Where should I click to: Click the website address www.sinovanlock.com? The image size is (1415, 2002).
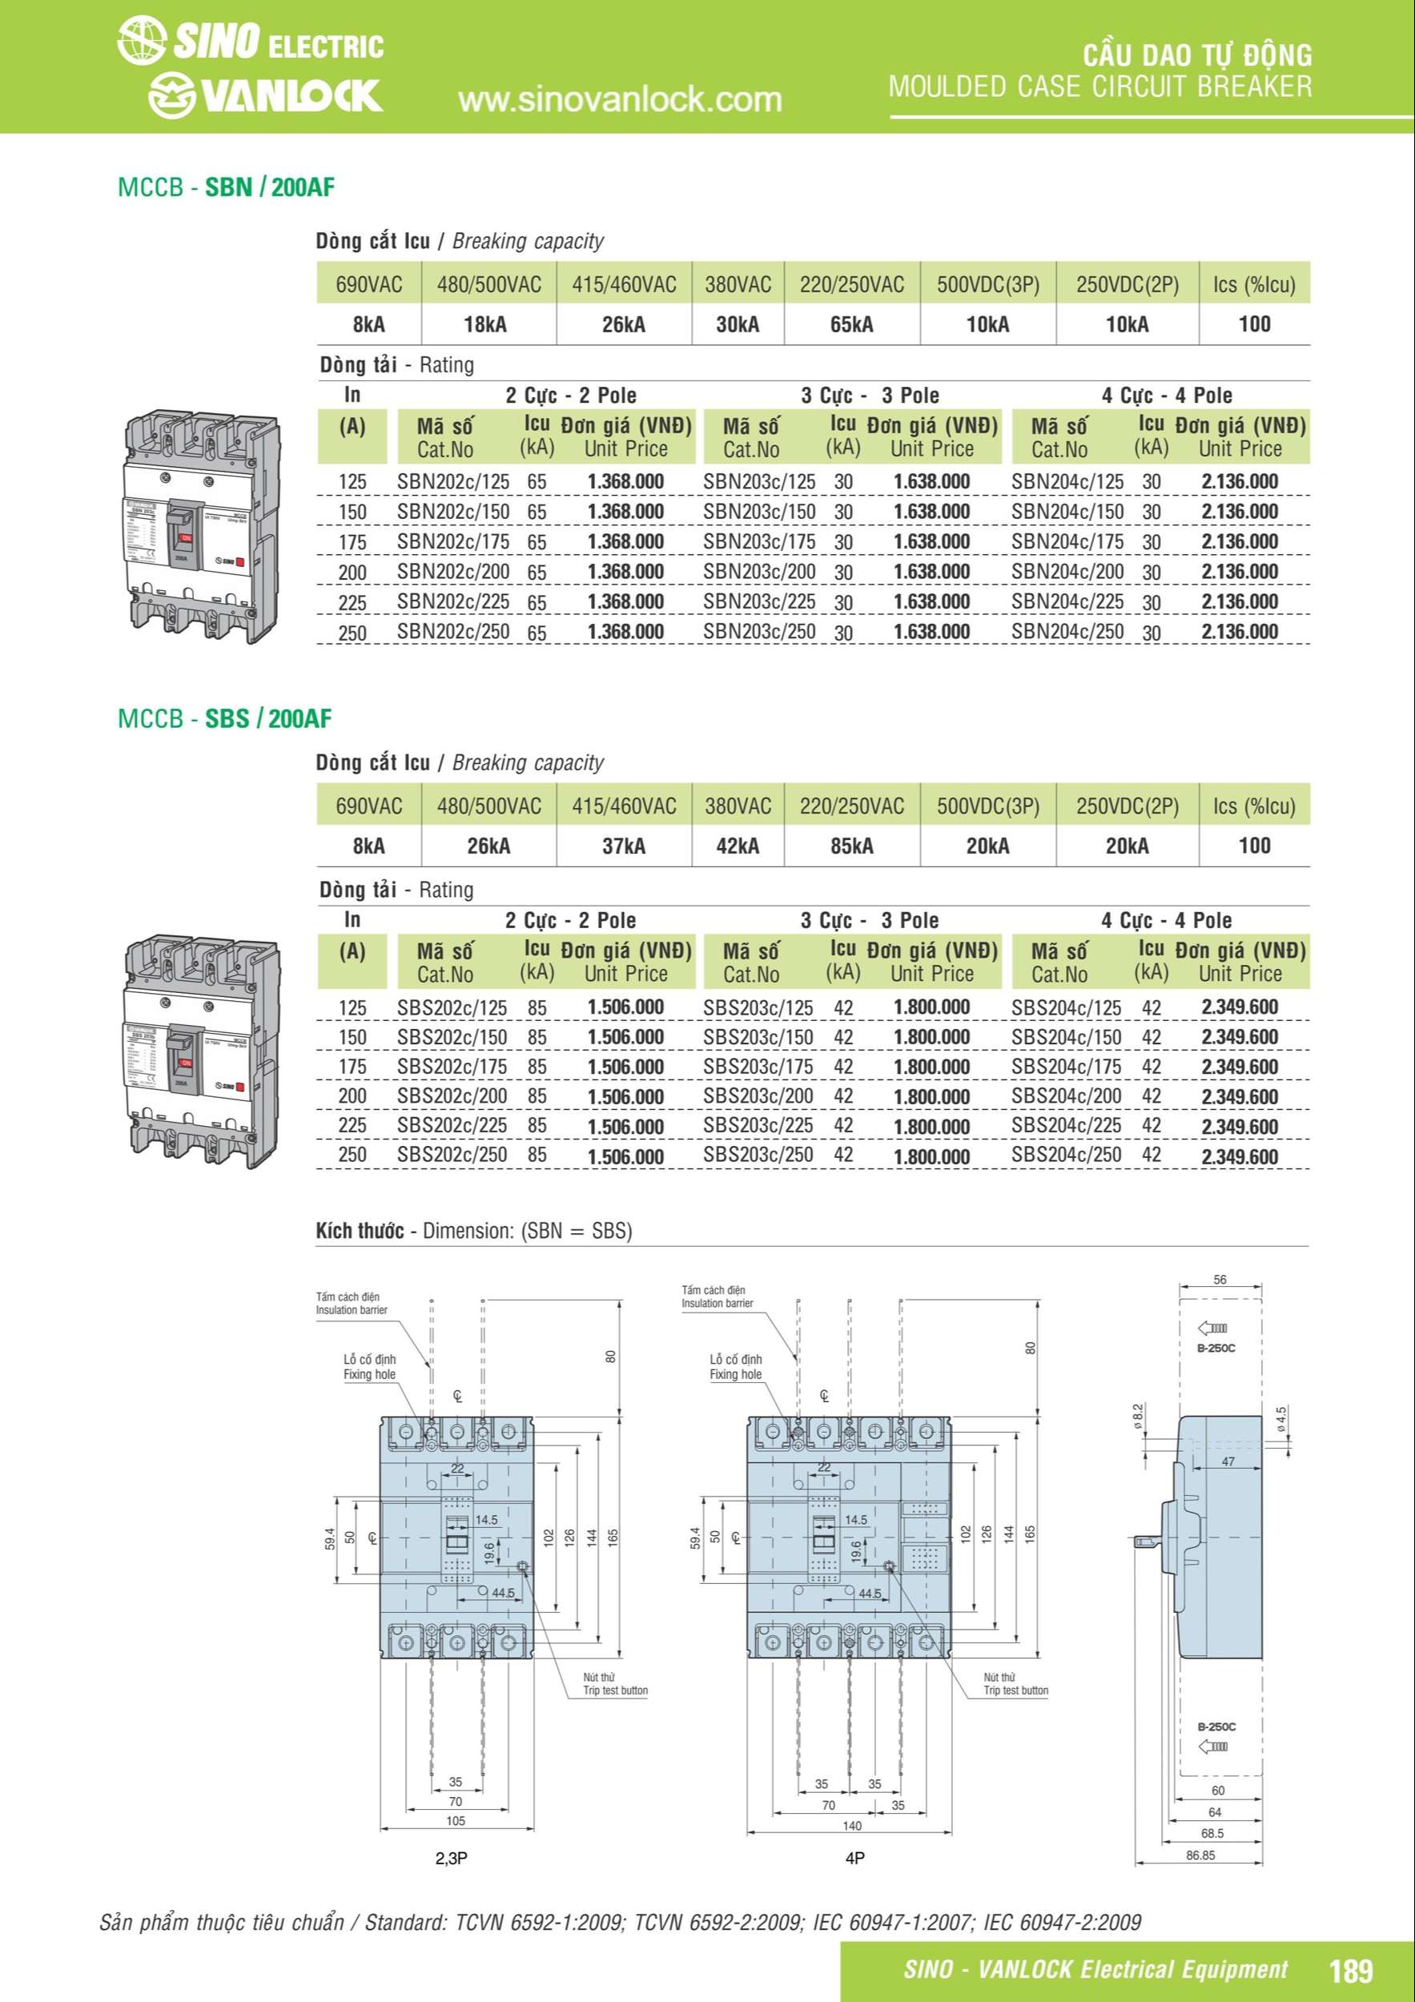[620, 100]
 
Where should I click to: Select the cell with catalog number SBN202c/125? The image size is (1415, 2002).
[452, 481]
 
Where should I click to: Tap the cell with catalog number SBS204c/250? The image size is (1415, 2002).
[1067, 1155]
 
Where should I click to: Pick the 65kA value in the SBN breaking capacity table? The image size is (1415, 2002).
[851, 324]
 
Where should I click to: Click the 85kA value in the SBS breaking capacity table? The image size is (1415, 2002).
[851, 846]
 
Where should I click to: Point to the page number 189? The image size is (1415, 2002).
[1350, 1970]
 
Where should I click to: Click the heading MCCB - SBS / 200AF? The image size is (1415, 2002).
[225, 718]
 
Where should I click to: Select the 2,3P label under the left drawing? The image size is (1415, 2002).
[451, 1858]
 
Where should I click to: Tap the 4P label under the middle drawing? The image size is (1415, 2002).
[854, 1858]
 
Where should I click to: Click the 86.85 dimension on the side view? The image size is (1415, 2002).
[1200, 1855]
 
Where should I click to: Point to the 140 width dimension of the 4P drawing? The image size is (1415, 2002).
[851, 1825]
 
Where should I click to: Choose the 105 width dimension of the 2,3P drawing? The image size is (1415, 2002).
[455, 1821]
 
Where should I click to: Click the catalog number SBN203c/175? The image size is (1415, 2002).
[758, 541]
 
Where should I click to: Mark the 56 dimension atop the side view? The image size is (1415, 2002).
[1219, 1280]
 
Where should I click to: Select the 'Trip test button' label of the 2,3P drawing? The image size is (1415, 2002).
[615, 1690]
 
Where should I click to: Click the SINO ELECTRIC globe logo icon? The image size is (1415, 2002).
[141, 42]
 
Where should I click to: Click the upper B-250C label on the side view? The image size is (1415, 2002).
[1216, 1348]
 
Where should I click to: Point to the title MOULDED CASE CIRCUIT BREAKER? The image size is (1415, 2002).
[1099, 86]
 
